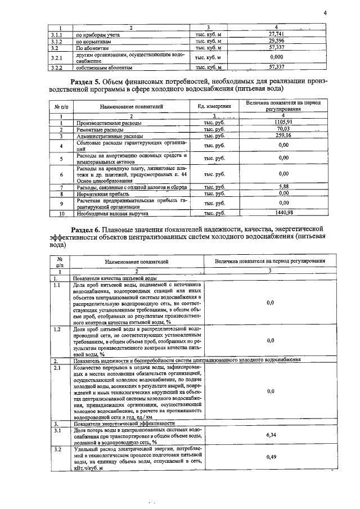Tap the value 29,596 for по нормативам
point(276,41)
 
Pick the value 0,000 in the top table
point(276,57)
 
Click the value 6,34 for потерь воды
point(270,435)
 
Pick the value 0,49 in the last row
point(270,457)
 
